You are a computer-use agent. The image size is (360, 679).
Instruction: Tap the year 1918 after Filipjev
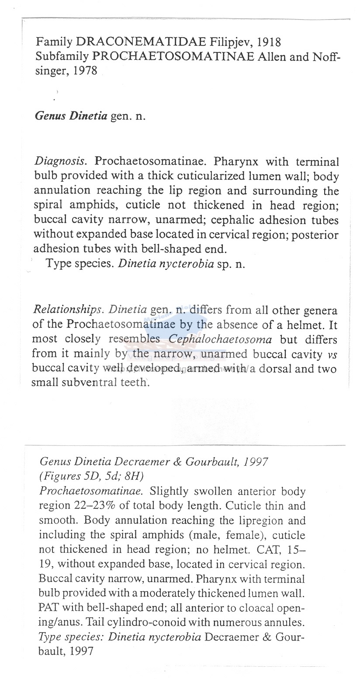pyautogui.click(x=269, y=42)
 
